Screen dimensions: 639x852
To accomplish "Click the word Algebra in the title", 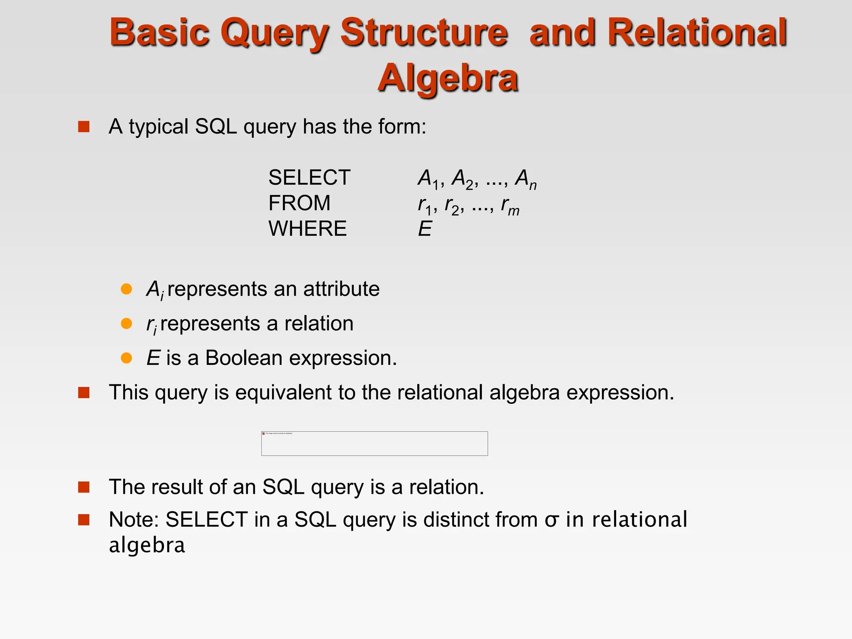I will pos(448,78).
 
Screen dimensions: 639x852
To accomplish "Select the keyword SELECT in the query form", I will pos(309,178).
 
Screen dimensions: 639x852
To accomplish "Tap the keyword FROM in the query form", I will pos(299,203).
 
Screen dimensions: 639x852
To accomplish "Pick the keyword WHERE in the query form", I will pos(307,229).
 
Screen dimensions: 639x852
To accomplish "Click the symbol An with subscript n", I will pos(525,179).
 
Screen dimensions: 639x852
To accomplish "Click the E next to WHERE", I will pos(425,229).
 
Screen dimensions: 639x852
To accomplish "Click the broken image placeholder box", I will pos(374,443).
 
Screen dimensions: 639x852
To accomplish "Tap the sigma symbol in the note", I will pos(551,520).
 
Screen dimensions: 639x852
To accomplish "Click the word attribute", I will pos(341,289).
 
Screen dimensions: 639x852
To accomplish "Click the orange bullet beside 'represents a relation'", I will pos(126,324).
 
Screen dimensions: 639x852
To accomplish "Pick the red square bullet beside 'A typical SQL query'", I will pos(84,127).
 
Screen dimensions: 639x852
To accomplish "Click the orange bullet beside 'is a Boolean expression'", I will pos(126,358).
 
